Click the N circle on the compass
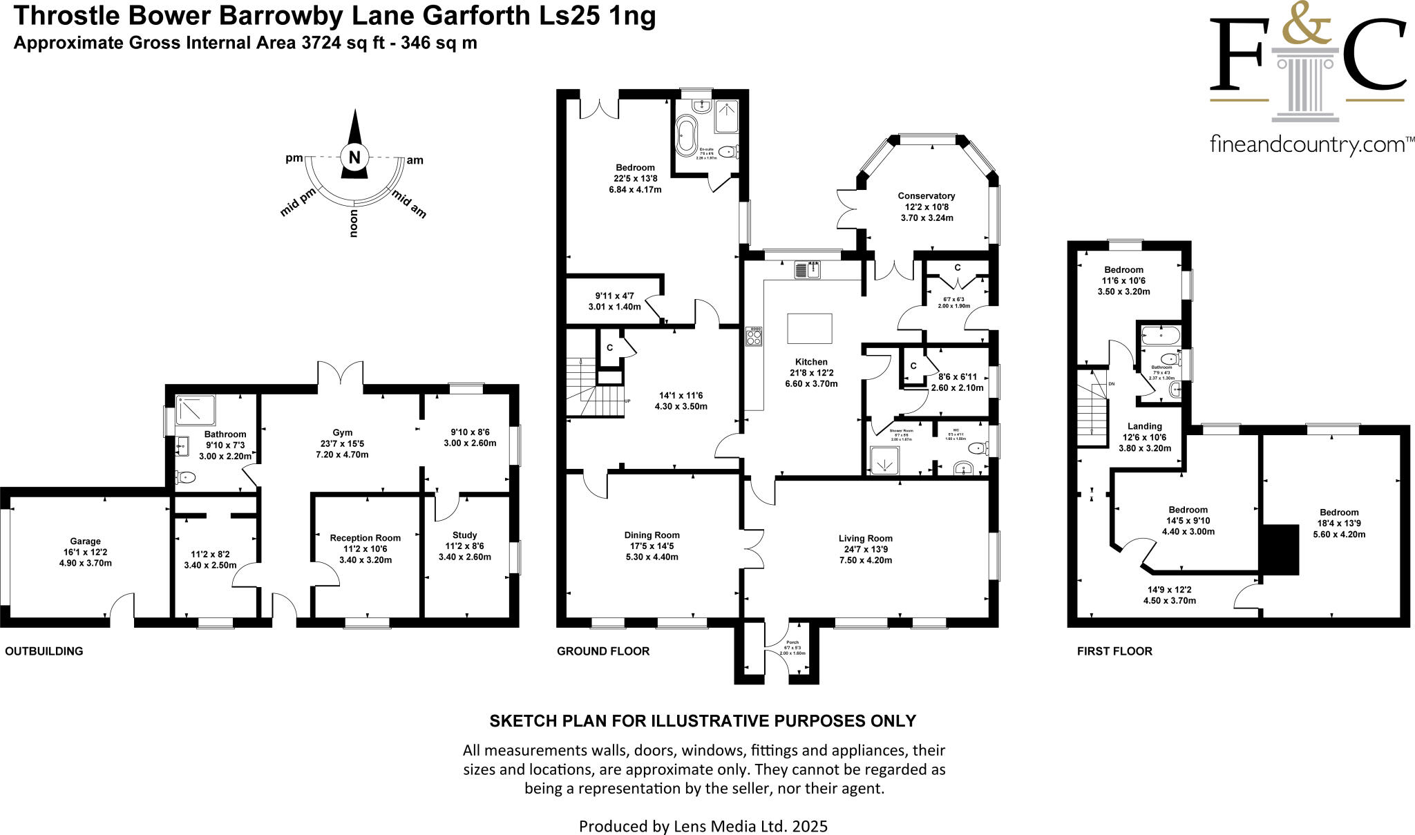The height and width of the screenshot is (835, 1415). click(x=354, y=157)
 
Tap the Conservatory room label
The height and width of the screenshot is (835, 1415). click(x=927, y=196)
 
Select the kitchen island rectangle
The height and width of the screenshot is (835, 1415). click(x=810, y=328)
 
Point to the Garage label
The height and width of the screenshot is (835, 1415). click(x=86, y=541)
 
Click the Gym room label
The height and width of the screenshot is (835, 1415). click(x=342, y=433)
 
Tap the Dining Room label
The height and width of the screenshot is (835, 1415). click(x=652, y=535)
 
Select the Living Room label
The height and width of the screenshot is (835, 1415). click(x=865, y=539)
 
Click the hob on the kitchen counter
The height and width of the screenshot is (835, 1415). click(x=753, y=336)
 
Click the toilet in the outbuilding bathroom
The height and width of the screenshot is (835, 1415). click(x=186, y=477)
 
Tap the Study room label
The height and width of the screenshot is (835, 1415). click(x=464, y=535)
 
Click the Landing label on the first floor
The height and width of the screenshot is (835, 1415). click(x=1144, y=426)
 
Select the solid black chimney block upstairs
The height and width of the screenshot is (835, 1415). click(x=1280, y=550)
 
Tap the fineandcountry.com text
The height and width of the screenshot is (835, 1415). click(x=1307, y=146)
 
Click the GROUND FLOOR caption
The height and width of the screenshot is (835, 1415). click(x=602, y=651)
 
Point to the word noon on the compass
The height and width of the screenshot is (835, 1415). click(x=354, y=223)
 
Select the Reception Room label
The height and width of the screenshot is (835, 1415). click(x=365, y=538)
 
